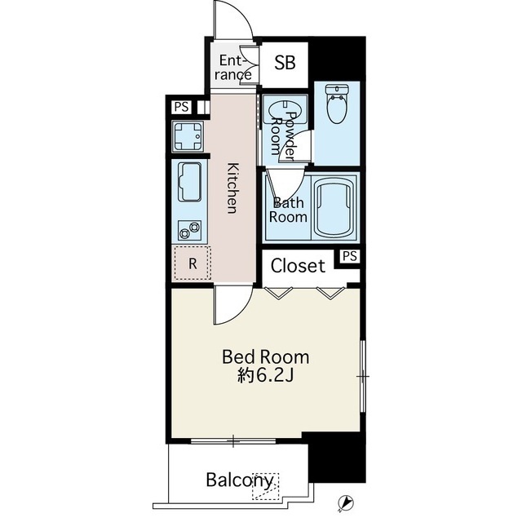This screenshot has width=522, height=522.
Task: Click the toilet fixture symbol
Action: coord(337,104)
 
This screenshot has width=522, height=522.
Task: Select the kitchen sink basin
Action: coord(190,182)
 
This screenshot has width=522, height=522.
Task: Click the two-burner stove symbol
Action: coord(189,230)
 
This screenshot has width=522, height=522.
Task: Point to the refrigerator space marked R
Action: coord(192,263)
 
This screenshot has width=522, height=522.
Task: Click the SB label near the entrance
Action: coord(285,62)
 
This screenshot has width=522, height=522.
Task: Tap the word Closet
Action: coord(298,266)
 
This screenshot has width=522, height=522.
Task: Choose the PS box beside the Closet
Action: coord(350,256)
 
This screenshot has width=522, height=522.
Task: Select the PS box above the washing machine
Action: coord(181,107)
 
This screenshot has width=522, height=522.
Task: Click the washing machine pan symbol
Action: coord(188,136)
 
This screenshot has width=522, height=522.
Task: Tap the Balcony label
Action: coord(240,480)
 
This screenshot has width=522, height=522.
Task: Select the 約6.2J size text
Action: coord(265,375)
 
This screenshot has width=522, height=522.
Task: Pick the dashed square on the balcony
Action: coord(265,486)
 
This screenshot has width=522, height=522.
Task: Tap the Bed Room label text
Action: coord(265,357)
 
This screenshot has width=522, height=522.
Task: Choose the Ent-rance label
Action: coord(233,68)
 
